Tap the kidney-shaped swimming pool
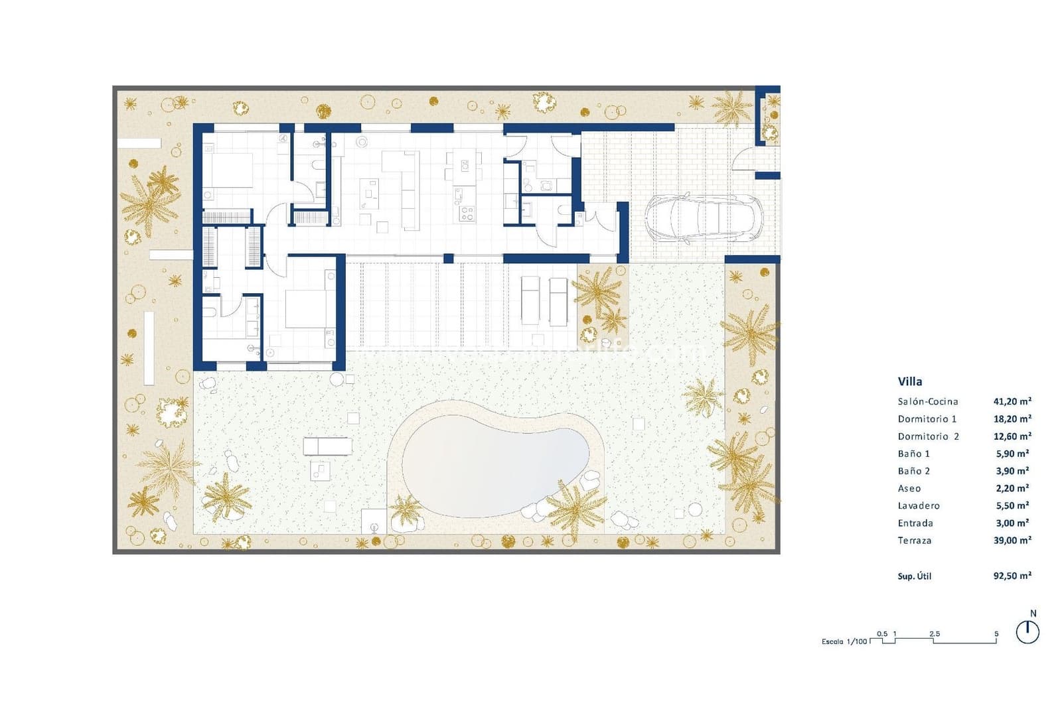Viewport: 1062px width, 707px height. (496, 463)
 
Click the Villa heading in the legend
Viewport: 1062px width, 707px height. (909, 381)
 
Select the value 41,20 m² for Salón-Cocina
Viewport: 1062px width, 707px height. (1012, 401)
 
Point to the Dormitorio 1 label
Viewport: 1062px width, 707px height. (927, 418)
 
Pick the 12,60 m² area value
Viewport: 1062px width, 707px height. (1012, 436)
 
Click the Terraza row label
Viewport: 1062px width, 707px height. (914, 540)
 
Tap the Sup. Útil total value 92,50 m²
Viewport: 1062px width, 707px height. (1012, 576)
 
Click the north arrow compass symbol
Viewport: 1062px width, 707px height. (1027, 631)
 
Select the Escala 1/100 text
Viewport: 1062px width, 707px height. (844, 641)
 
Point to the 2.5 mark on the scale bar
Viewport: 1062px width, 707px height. (934, 634)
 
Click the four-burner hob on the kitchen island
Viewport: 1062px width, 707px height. (467, 213)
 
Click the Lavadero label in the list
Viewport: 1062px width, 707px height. (918, 505)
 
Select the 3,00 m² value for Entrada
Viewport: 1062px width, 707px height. (1012, 523)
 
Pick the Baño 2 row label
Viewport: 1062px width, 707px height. (913, 471)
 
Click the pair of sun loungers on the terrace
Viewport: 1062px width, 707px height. (544, 300)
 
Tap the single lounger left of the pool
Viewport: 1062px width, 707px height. (327, 446)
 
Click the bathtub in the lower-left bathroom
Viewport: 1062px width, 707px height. (210, 323)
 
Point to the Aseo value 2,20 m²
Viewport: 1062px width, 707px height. (1012, 488)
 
